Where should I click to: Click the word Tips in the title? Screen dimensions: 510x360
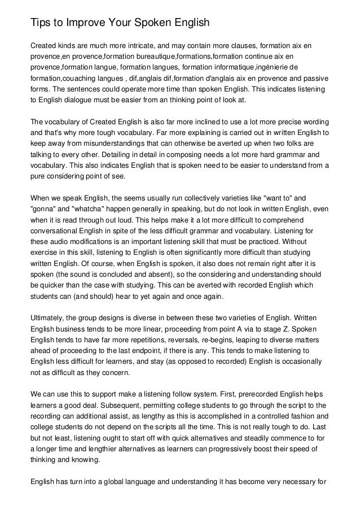tap(40, 23)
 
